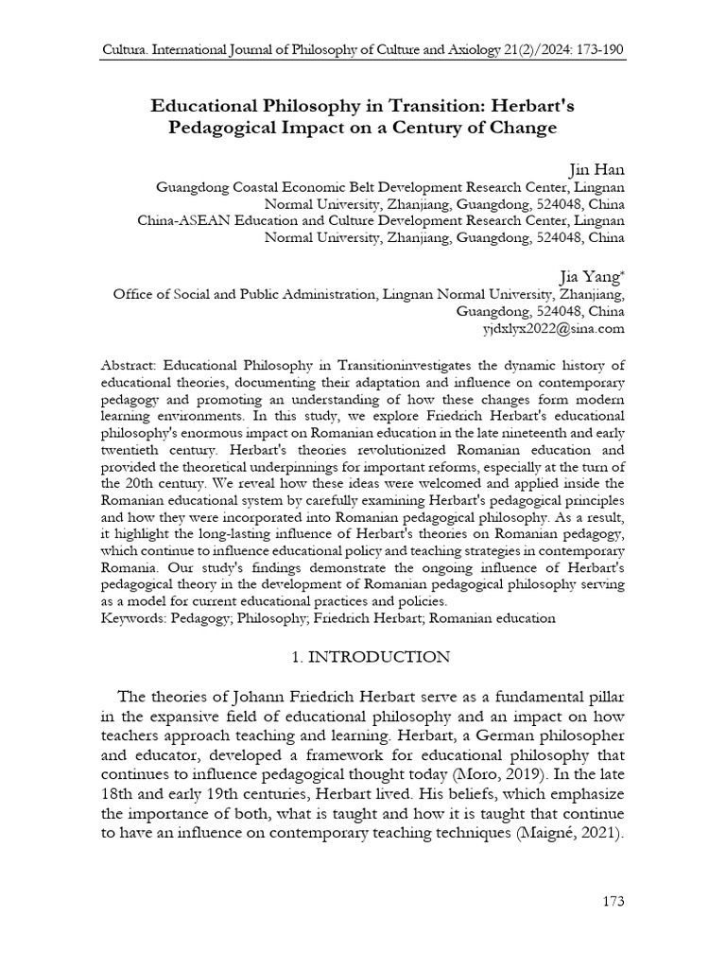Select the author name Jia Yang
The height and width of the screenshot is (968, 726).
pyautogui.click(x=592, y=275)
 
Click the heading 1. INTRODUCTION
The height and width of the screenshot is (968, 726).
pyautogui.click(x=361, y=656)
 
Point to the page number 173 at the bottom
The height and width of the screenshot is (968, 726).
pyautogui.click(x=613, y=901)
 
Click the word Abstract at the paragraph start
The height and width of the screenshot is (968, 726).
pyautogui.click(x=129, y=365)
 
